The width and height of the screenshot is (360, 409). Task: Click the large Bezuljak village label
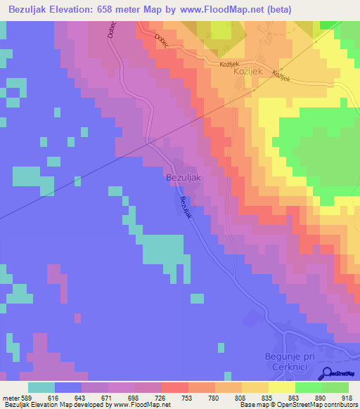(x=184, y=178)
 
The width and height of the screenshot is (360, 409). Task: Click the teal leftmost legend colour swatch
(x=41, y=387)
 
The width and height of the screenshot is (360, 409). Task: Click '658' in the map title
(x=117, y=10)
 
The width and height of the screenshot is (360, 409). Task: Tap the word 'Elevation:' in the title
(x=78, y=10)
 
